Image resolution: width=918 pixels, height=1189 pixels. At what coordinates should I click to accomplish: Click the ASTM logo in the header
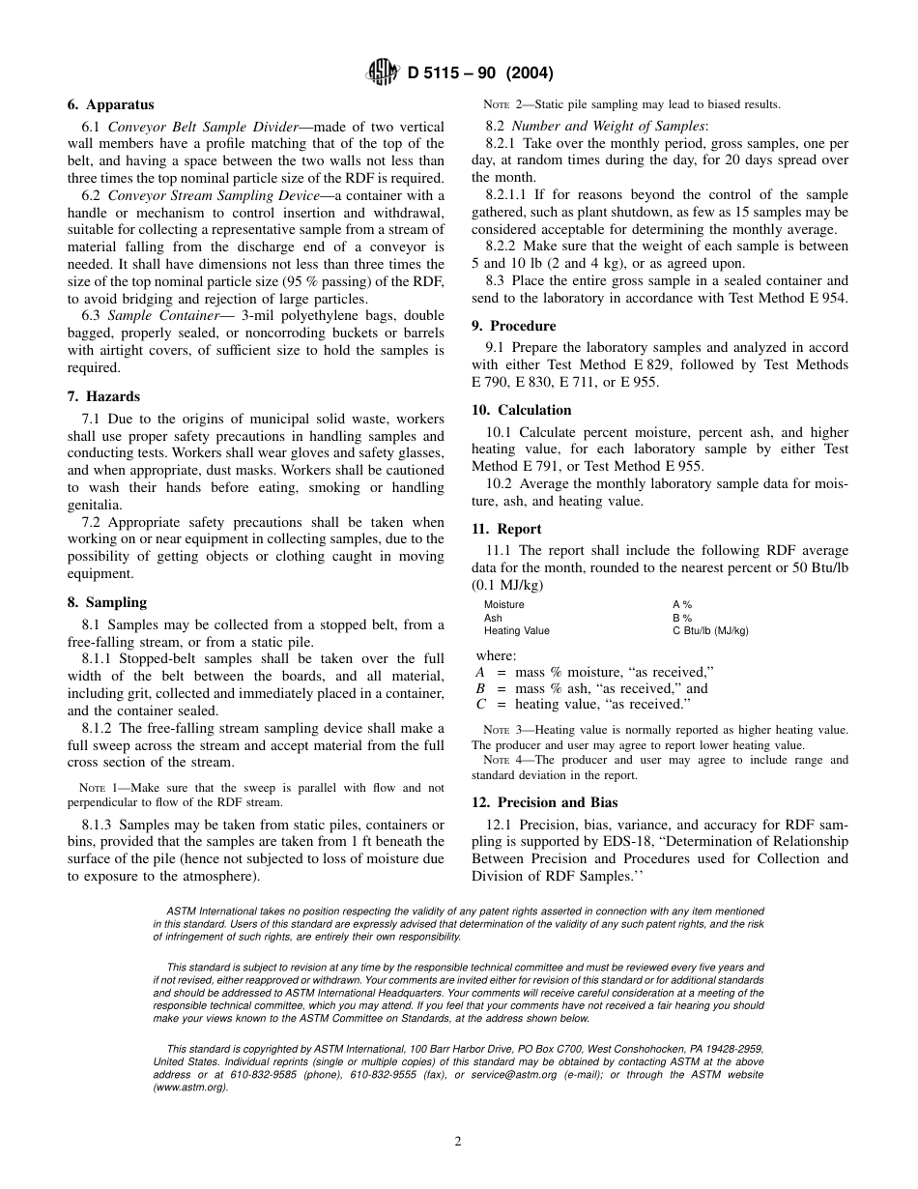click(x=378, y=72)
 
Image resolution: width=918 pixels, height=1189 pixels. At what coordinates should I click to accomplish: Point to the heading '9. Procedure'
click(x=513, y=326)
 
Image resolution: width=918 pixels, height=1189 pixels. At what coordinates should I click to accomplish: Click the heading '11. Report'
click(x=506, y=529)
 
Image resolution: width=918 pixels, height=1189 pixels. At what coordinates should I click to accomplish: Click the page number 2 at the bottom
click(x=458, y=1141)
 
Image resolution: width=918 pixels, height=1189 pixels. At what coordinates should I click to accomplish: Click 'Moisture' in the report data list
click(x=503, y=604)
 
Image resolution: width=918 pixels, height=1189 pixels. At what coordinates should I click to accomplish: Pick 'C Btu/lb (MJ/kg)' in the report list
click(x=710, y=630)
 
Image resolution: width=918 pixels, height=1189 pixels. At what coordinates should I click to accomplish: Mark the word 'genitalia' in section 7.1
click(x=94, y=505)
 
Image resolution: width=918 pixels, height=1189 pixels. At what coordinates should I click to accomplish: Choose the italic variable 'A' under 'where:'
click(x=480, y=672)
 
